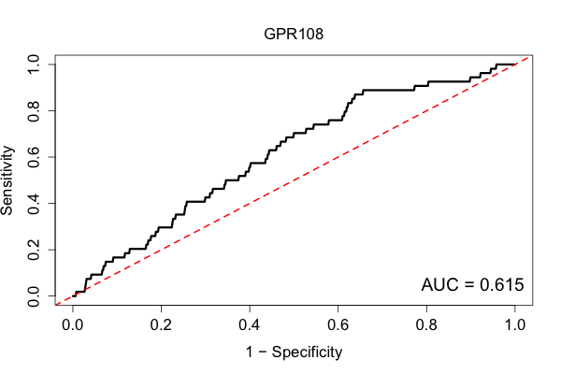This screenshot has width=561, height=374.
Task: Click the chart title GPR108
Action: click(294, 34)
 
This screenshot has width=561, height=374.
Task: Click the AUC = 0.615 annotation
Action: click(472, 285)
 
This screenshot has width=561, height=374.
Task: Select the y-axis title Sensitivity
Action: click(7, 180)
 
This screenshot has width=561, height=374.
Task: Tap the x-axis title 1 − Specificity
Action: click(294, 352)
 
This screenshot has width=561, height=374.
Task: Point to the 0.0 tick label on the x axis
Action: click(73, 325)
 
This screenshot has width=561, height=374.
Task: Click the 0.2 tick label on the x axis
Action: click(161, 325)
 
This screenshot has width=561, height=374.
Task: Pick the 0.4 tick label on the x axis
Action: click(250, 325)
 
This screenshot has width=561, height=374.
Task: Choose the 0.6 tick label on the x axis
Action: click(338, 325)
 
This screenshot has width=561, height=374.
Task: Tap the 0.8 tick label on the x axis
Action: click(426, 325)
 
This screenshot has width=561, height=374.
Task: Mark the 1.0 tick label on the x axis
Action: click(515, 325)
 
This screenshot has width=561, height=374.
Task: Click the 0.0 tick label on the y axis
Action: click(34, 296)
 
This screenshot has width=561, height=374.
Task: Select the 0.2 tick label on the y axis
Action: click(34, 250)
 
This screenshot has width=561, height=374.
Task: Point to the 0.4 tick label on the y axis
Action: click(34, 203)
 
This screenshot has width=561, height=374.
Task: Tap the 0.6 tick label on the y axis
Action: click(34, 157)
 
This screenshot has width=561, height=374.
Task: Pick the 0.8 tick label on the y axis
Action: click(34, 111)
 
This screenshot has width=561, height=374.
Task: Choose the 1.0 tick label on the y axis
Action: click(34, 65)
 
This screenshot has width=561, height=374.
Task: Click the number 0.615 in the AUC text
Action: click(501, 285)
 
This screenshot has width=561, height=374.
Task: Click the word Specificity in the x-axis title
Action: click(307, 352)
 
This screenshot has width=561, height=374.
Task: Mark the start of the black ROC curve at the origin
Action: click(73, 296)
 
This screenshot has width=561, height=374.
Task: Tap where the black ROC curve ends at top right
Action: click(515, 65)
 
